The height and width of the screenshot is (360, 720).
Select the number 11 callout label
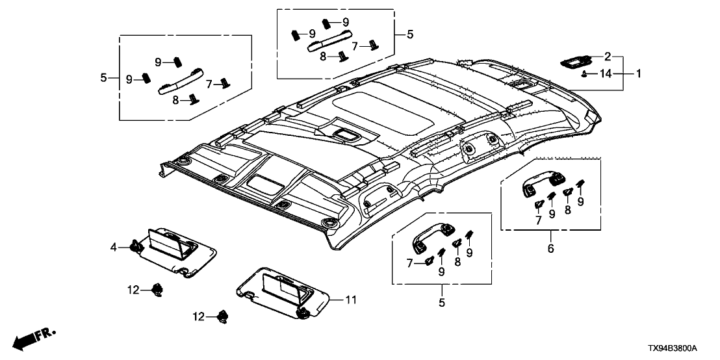point(351,300)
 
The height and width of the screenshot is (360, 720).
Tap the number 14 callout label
point(606,74)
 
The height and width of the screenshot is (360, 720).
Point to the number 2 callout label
point(608,56)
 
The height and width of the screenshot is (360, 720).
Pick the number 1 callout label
point(638,74)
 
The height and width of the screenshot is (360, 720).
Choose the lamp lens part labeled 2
point(574,60)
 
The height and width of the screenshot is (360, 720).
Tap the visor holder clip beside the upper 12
point(157,290)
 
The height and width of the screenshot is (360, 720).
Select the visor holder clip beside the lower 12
point(225,316)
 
